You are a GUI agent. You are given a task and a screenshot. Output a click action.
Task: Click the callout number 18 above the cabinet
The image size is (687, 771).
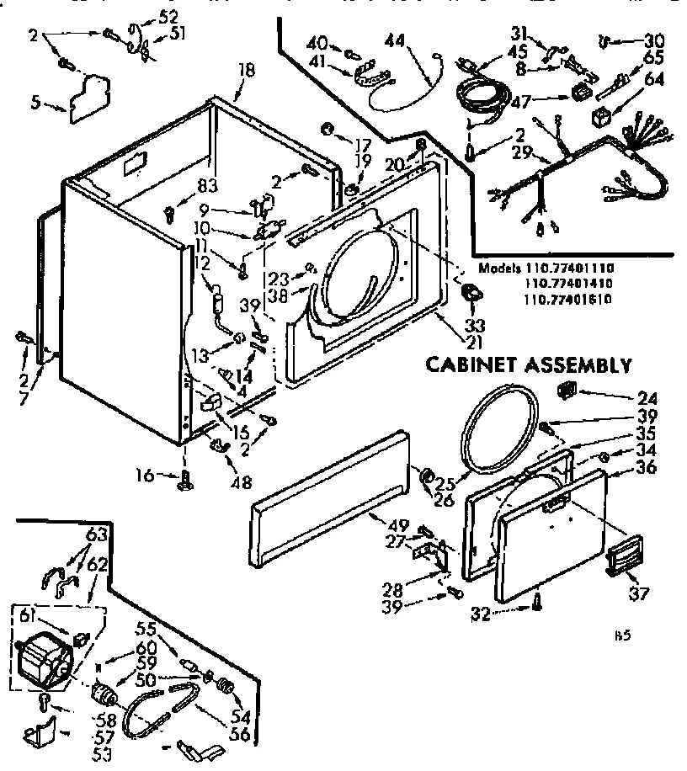(x=245, y=71)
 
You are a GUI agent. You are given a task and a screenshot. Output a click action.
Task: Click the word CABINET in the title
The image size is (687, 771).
(x=466, y=364)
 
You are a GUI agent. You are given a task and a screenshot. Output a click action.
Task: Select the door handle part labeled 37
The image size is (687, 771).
(x=623, y=556)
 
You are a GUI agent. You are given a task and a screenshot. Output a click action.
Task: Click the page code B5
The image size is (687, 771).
(x=622, y=636)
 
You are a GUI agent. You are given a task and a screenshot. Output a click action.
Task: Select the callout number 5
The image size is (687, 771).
(x=35, y=105)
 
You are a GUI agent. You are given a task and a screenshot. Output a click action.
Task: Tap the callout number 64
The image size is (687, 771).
(x=654, y=80)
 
